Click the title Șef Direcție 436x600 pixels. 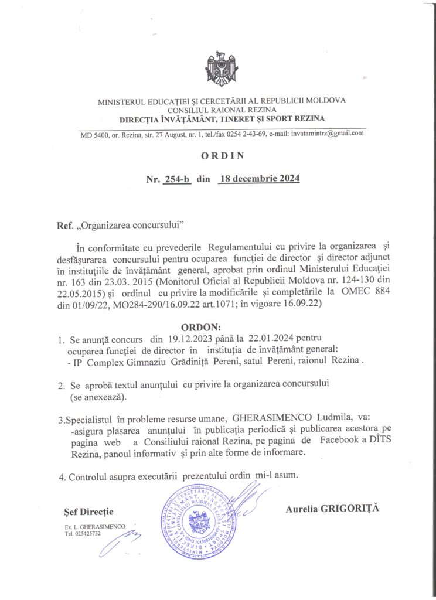point(88,512)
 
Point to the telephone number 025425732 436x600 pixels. point(87,534)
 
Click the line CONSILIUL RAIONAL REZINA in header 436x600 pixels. point(220,110)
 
